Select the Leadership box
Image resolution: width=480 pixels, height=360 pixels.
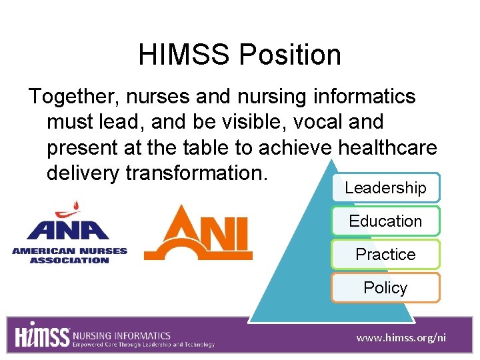click(x=385, y=188)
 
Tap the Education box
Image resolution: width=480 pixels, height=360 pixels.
click(x=385, y=221)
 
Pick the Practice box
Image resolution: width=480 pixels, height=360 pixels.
click(x=385, y=254)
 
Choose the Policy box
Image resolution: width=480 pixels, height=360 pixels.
click(x=385, y=287)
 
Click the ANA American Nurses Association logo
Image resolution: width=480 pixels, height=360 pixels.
click(x=69, y=233)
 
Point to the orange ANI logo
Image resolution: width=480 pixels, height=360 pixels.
click(x=199, y=233)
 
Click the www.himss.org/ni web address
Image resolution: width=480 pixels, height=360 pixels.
click(x=401, y=338)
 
